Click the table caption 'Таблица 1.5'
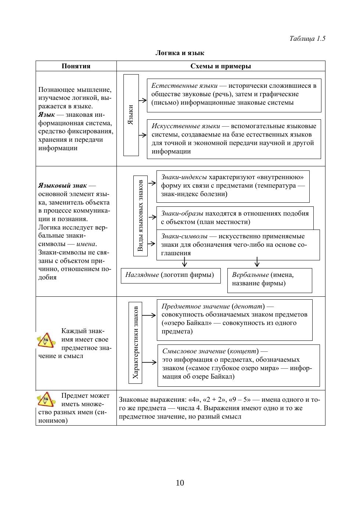click(307, 39)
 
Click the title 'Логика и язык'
click(180, 53)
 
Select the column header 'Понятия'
click(76, 66)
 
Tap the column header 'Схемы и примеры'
click(221, 66)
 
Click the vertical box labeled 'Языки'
click(131, 115)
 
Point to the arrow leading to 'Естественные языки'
click(143, 100)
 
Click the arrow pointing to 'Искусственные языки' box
click(143, 135)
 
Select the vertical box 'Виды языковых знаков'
click(140, 216)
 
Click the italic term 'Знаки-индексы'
click(184, 177)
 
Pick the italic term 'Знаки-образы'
click(182, 213)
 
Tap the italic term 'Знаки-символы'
click(184, 236)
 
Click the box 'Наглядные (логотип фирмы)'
click(170, 275)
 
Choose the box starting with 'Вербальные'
click(270, 280)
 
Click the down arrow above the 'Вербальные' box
click(257, 263)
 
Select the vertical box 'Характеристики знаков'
click(136, 342)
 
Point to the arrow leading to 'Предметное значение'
click(149, 315)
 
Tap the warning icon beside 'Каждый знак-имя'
click(46, 340)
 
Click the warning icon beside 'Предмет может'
click(46, 399)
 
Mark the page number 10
click(180, 483)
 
